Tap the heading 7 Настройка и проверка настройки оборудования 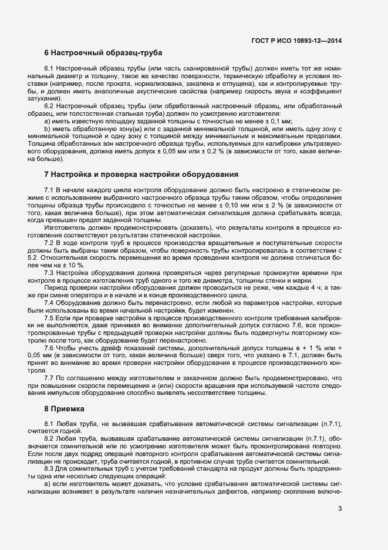pyautogui.click(x=141, y=175)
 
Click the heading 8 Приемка pyautogui.click(x=65, y=408)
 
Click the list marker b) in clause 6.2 pyautogui.click(x=48, y=129)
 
